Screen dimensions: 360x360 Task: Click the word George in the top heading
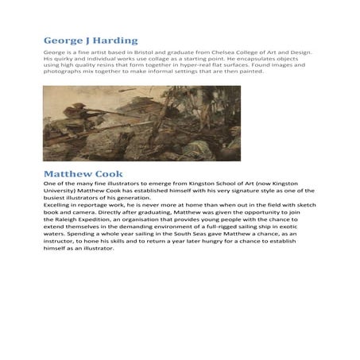pyautogui.click(x=64, y=41)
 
